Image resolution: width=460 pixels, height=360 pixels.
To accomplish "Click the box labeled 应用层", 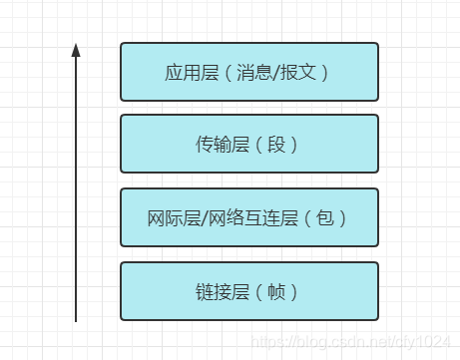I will pyautogui.click(x=249, y=72).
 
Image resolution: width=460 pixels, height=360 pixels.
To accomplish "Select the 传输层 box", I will pyautogui.click(x=249, y=144).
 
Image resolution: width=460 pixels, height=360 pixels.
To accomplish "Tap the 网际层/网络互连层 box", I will pyautogui.click(x=249, y=217).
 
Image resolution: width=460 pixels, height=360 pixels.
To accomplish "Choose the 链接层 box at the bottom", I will pyautogui.click(x=249, y=291).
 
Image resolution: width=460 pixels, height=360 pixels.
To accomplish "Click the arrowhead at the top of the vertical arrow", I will pyautogui.click(x=76, y=49).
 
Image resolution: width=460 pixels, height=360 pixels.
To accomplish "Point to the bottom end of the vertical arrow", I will pyautogui.click(x=76, y=320).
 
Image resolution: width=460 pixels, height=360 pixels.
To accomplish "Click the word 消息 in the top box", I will pyautogui.click(x=254, y=73).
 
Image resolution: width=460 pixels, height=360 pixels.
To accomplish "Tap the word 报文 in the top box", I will pyautogui.click(x=296, y=73).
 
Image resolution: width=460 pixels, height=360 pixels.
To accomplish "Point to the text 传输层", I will pyautogui.click(x=218, y=145).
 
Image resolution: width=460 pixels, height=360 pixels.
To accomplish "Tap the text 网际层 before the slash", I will pyautogui.click(x=170, y=217).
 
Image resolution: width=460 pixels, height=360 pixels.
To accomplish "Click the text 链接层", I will pyautogui.click(x=218, y=292).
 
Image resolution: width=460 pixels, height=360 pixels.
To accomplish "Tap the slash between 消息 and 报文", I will pyautogui.click(x=275, y=73).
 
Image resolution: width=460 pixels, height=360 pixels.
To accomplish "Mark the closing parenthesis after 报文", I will pyautogui.click(x=322, y=73).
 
